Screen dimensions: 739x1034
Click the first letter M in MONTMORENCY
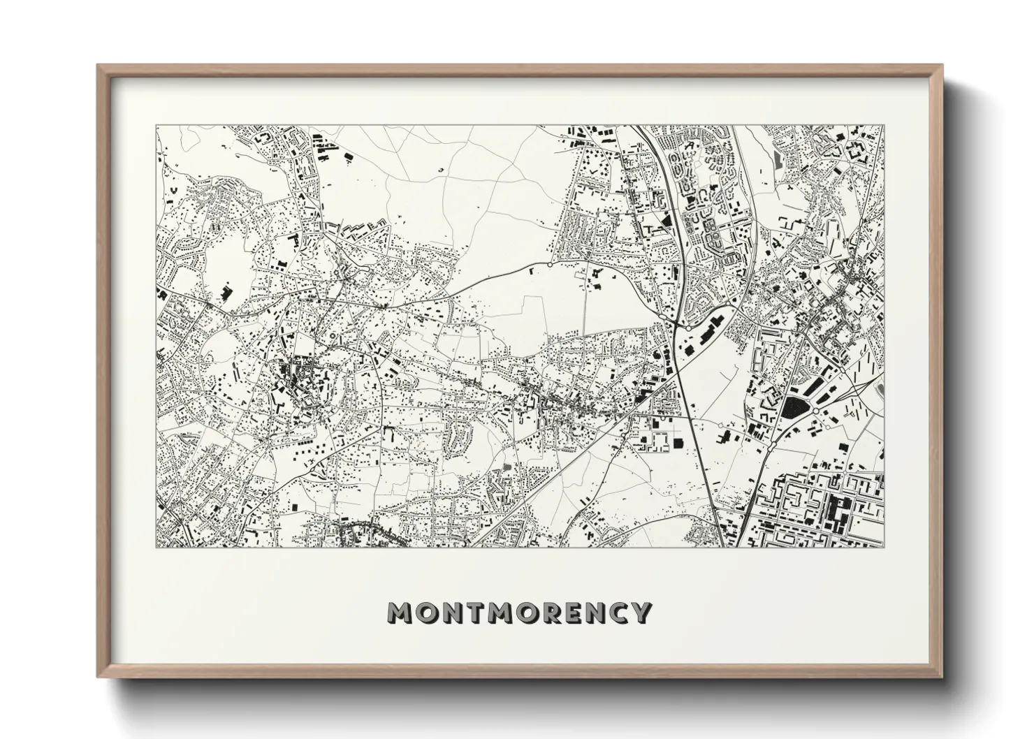(402, 613)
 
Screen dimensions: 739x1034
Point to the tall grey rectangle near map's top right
(779, 160)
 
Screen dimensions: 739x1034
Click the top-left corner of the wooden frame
(98, 65)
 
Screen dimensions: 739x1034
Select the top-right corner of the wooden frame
(942, 65)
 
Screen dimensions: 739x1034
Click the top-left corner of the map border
(156, 126)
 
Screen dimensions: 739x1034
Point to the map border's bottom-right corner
(884, 547)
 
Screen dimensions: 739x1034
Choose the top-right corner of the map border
(884, 126)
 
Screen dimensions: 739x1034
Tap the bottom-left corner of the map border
(156, 547)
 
